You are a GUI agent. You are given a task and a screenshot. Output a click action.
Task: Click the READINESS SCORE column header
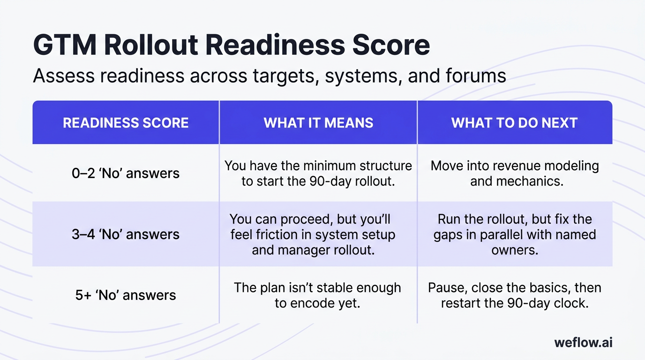coord(126,123)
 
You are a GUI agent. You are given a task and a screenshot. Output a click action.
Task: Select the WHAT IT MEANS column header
coord(318,123)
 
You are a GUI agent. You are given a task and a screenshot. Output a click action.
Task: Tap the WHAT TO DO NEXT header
coord(514,123)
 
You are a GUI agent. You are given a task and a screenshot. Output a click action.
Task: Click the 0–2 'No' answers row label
coord(126,173)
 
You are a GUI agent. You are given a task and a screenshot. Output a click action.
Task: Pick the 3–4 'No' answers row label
coord(126,234)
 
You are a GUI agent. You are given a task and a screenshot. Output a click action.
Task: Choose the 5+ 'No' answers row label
coord(126,295)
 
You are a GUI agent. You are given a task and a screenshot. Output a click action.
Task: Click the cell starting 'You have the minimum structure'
coord(318,173)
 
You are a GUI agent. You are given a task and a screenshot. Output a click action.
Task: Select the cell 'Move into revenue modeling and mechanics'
coord(515,173)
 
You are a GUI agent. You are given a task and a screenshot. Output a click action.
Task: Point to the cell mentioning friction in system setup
coord(313,234)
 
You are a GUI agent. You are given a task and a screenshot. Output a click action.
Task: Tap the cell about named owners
coord(515,234)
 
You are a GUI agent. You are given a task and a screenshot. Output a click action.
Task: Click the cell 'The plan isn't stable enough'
coord(317,295)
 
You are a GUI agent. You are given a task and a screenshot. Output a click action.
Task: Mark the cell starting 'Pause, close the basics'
coord(515,295)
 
